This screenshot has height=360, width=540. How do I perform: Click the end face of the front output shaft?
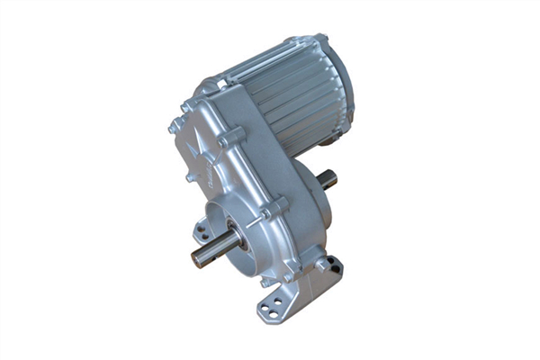coord(196,257)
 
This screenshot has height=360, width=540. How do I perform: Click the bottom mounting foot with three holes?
coord(275,301)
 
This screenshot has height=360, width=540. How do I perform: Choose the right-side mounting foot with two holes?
coord(329,266)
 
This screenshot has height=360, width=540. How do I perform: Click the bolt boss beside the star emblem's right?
coord(232,138)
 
